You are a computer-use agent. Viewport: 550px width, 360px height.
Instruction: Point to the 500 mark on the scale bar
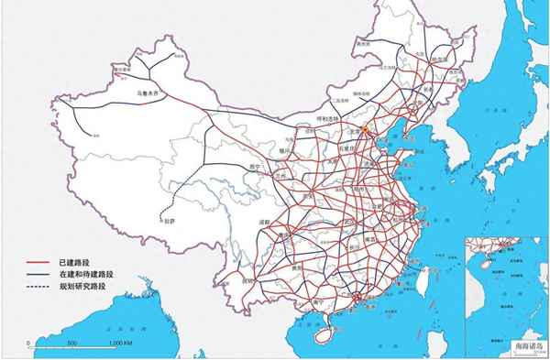pos(72,343)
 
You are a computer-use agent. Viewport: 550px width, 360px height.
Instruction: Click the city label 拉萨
pos(167,221)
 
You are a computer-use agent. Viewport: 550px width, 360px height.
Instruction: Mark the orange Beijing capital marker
pos(366,131)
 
